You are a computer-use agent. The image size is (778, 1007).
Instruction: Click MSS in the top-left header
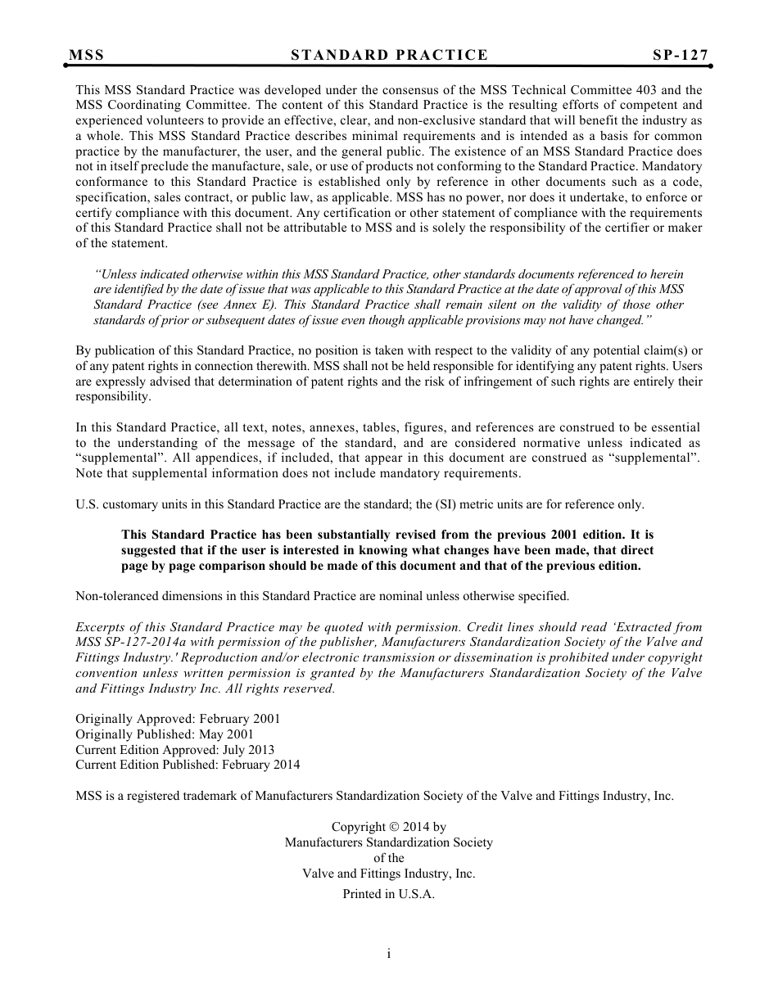coord(87,55)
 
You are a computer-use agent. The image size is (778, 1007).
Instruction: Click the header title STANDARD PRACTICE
coord(389,55)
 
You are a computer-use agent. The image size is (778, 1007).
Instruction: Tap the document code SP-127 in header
coord(680,55)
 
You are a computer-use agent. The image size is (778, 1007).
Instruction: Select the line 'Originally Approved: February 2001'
coord(178,719)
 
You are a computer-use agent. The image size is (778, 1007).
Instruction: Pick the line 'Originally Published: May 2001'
coord(165,734)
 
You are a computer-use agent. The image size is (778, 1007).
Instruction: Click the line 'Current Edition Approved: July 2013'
coord(174,750)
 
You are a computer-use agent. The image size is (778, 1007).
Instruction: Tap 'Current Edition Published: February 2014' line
coord(188,765)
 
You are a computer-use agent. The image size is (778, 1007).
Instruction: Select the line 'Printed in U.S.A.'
coord(388,895)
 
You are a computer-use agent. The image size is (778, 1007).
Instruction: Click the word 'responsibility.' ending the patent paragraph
coord(113,396)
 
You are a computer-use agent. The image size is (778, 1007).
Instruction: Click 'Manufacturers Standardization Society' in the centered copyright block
coord(388,842)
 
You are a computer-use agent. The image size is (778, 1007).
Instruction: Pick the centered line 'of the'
coord(388,858)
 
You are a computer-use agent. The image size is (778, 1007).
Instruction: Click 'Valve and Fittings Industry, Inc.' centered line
coord(388,874)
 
